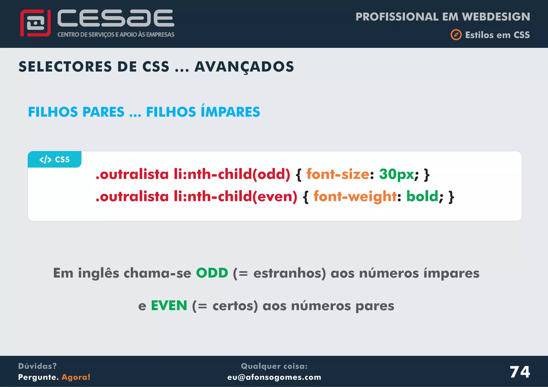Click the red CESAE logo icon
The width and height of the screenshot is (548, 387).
click(x=35, y=23)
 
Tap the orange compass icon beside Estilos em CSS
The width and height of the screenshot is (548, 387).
click(x=456, y=35)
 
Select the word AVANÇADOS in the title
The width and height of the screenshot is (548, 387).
click(x=244, y=67)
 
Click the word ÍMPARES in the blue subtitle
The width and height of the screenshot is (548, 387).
click(x=230, y=112)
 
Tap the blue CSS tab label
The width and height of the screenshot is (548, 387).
click(x=55, y=160)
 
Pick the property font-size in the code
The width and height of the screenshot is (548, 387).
click(x=338, y=174)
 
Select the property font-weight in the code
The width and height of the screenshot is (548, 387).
click(x=355, y=196)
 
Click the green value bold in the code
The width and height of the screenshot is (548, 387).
click(x=422, y=196)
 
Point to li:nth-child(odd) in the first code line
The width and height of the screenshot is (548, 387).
click(x=232, y=174)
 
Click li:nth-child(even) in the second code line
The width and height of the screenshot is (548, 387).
click(x=235, y=196)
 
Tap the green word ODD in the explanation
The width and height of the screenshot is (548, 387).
click(x=212, y=273)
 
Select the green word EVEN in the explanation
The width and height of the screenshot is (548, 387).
click(x=169, y=305)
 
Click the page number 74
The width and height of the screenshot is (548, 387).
click(x=519, y=372)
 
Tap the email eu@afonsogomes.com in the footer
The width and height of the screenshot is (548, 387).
click(x=274, y=377)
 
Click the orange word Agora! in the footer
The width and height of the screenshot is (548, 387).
click(x=76, y=377)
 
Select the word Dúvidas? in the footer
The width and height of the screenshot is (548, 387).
click(x=37, y=366)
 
